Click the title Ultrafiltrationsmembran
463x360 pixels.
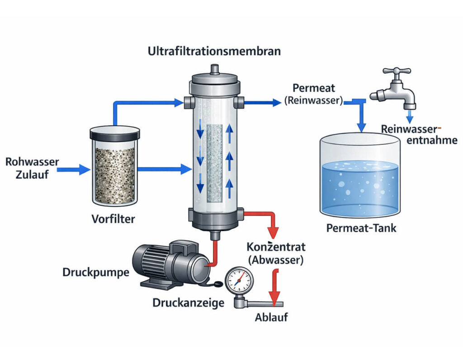pyautogui.click(x=214, y=51)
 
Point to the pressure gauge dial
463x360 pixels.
pyautogui.click(x=239, y=280)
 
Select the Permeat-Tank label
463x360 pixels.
pyautogui.click(x=361, y=228)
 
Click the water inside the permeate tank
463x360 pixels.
pyautogui.click(x=360, y=185)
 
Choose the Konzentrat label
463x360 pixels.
pyautogui.click(x=276, y=247)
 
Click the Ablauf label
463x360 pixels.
pyautogui.click(x=271, y=317)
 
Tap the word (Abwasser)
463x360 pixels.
pyautogui.click(x=276, y=260)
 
